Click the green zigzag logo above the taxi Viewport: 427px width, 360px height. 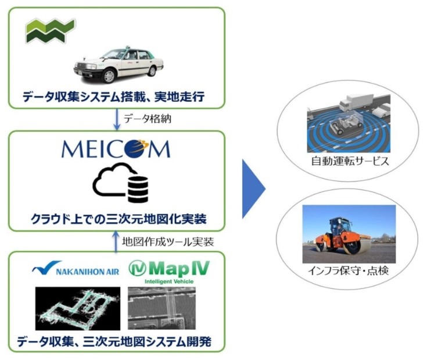[50, 30]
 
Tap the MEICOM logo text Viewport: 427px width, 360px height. [117, 149]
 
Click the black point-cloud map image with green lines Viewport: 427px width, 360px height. [77, 309]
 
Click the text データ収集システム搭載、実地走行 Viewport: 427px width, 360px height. [117, 95]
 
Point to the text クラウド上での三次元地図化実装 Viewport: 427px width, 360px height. [117, 219]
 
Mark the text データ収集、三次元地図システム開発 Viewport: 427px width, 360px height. [117, 342]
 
